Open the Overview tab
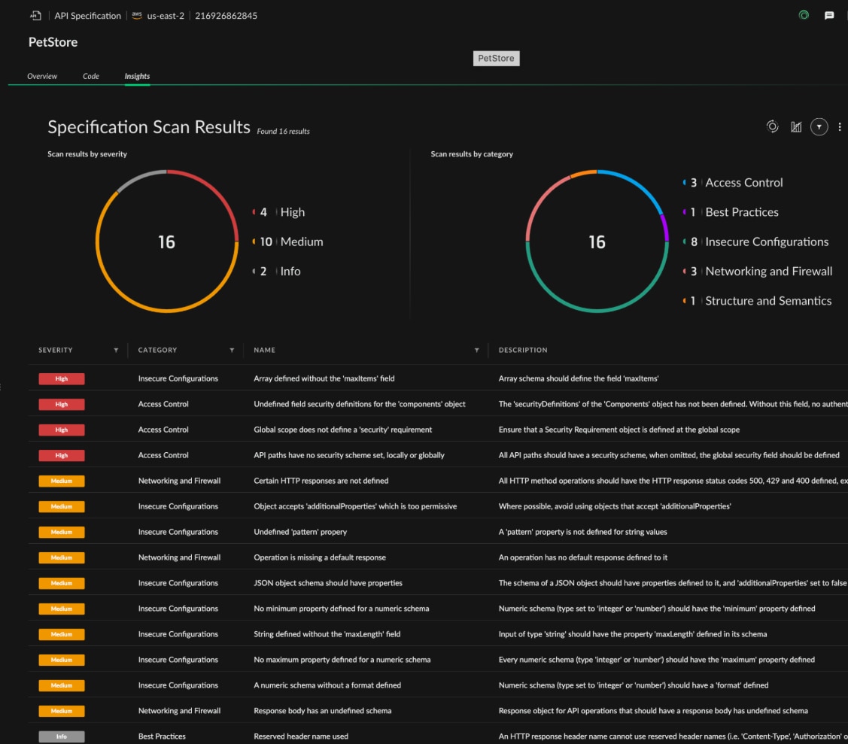coord(42,76)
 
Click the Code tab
coord(91,76)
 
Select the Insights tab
coord(137,76)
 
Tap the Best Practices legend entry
coord(741,212)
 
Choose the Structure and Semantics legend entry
coord(767,301)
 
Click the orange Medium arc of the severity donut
coord(167,311)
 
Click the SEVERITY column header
coord(56,350)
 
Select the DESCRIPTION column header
coord(523,350)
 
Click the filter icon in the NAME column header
coord(476,350)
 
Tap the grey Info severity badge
coord(62,736)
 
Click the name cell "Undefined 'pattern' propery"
coord(300,532)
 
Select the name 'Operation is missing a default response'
coord(320,557)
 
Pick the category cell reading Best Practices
coord(162,736)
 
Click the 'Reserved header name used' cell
coord(301,736)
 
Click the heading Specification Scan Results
coord(149,127)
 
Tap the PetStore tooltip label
coord(496,58)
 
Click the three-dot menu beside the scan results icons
coord(840,127)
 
